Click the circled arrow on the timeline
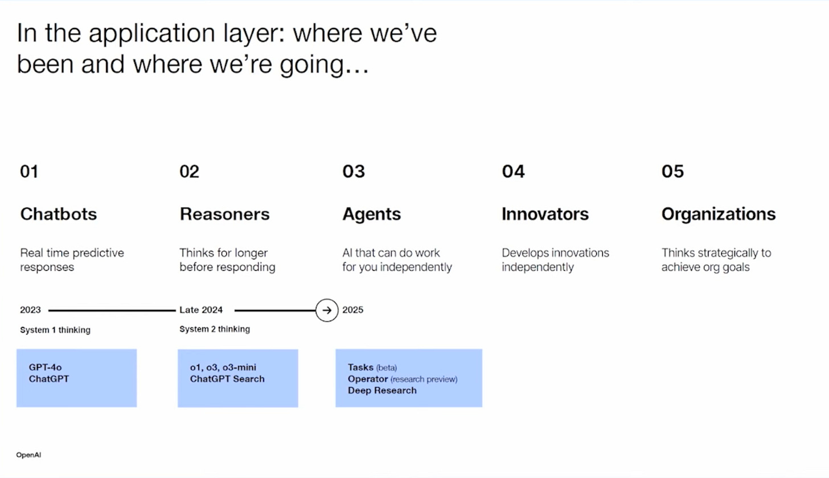click(327, 311)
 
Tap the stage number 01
click(29, 171)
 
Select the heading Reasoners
click(225, 214)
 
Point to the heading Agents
click(372, 214)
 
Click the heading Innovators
click(545, 214)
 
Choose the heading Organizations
click(719, 214)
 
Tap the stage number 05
click(673, 171)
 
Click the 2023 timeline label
click(30, 310)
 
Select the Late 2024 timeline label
click(201, 310)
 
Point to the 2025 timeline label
click(352, 310)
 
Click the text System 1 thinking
click(55, 330)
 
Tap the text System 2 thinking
click(215, 329)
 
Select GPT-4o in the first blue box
click(45, 367)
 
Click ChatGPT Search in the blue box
click(227, 379)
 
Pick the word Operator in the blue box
click(368, 379)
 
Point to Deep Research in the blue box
click(382, 391)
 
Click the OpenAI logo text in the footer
click(28, 455)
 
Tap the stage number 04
click(514, 171)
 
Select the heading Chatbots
click(59, 214)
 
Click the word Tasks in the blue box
click(360, 367)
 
